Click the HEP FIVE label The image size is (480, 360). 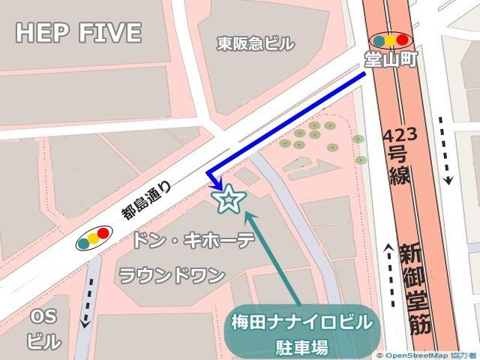tap(78, 33)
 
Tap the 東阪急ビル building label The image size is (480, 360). tap(255, 43)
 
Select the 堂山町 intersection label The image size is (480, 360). tap(390, 59)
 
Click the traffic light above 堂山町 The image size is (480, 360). tap(390, 40)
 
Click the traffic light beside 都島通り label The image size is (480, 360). tap(92, 238)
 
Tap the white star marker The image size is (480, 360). tap(229, 199)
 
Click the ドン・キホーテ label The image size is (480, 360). tap(193, 241)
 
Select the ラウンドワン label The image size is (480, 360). tap(172, 275)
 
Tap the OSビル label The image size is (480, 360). tap(43, 329)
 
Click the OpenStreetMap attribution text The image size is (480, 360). tap(427, 355)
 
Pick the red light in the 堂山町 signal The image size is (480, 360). tap(402, 40)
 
